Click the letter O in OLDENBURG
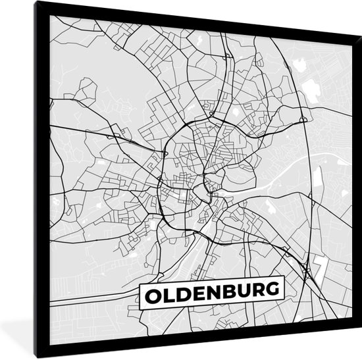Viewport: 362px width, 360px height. pos(151,290)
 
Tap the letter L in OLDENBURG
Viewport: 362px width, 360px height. pos(167,290)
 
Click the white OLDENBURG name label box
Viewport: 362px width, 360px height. pos(211,290)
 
